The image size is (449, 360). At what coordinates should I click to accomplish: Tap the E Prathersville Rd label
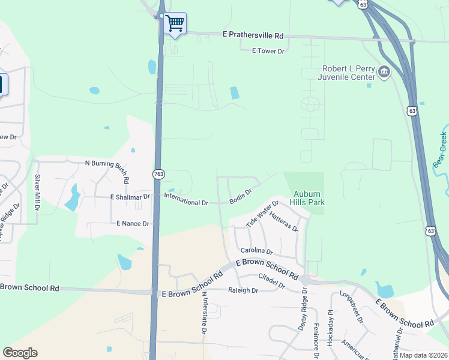252,36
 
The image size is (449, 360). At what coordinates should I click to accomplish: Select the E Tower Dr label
268,51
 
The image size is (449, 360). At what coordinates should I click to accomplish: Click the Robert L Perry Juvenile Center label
348,73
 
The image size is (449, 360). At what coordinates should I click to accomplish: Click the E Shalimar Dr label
130,197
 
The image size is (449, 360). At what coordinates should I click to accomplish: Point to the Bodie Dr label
240,196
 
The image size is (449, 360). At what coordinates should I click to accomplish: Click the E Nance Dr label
133,223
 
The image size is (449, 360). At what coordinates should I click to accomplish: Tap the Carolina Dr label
256,251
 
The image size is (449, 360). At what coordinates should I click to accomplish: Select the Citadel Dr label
271,280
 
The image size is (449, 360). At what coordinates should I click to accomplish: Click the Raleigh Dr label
243,290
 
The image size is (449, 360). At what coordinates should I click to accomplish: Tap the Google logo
20,353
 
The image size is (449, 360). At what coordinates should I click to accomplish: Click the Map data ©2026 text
423,355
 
